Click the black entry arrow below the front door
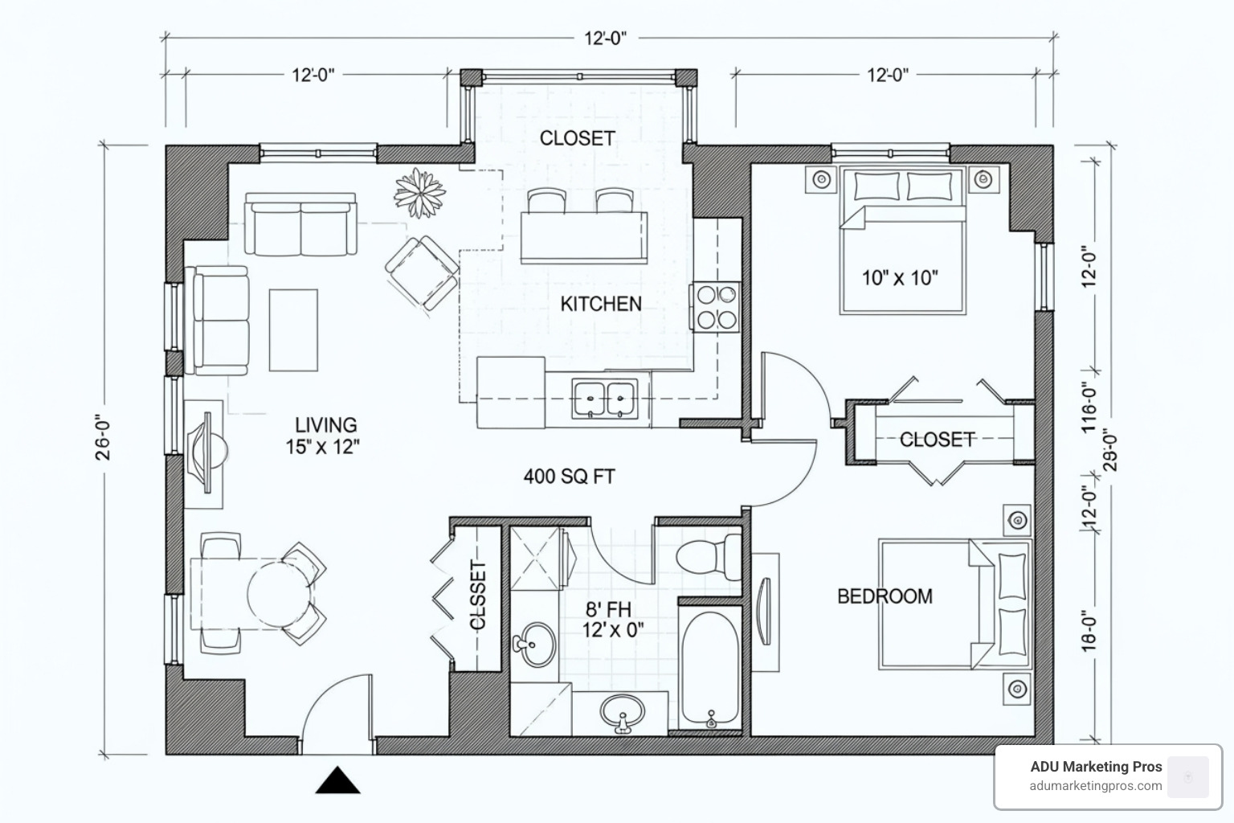pos(337,781)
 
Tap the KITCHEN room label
pos(600,304)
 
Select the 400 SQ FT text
pos(569,477)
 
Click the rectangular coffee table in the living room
pos(293,330)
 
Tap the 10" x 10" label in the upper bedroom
pos(900,278)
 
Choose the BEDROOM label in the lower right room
pos(885,596)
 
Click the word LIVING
pos(325,425)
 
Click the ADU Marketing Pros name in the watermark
pos(1096,767)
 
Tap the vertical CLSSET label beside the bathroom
pos(478,596)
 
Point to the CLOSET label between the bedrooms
pos(937,440)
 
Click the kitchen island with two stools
pos(583,236)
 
